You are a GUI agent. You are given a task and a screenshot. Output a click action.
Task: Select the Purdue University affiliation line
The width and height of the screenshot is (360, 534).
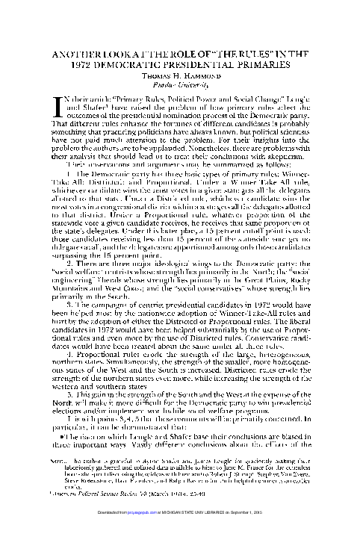[x=179, y=84]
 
